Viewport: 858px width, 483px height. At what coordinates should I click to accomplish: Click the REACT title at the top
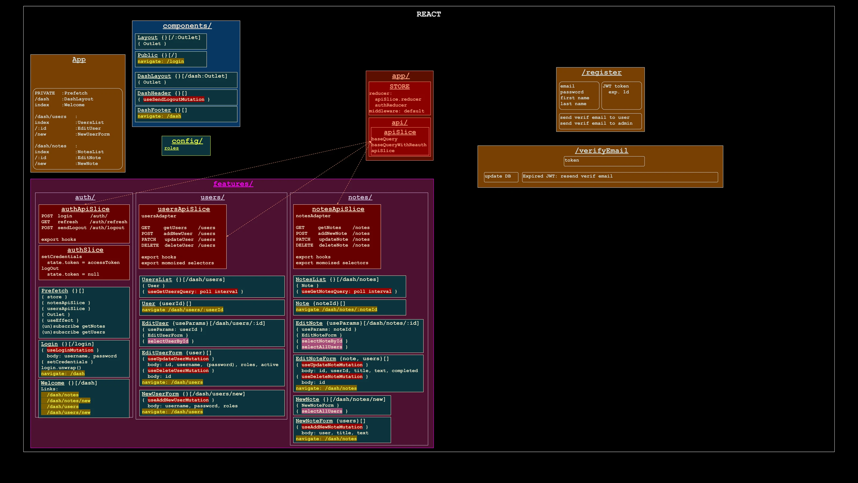429,14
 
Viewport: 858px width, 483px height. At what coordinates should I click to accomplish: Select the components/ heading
187,26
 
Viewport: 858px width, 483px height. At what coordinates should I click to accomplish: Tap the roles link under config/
172,148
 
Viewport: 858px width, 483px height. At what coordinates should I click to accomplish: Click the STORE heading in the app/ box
400,87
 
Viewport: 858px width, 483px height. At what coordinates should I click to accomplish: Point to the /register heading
601,73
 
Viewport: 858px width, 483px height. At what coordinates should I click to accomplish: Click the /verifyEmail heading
601,151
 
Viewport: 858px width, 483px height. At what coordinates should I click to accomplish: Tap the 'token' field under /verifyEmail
604,161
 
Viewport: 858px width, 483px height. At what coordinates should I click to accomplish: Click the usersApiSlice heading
184,209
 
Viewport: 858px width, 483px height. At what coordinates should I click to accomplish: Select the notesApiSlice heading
338,209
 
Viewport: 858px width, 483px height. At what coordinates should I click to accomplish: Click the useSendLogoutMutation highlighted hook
174,100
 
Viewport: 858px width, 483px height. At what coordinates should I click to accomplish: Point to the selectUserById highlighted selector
168,341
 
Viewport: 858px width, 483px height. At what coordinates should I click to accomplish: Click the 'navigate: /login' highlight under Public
161,62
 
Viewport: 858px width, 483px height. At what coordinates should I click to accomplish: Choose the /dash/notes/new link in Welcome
69,401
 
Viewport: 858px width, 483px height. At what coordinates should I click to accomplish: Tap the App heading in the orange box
79,60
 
